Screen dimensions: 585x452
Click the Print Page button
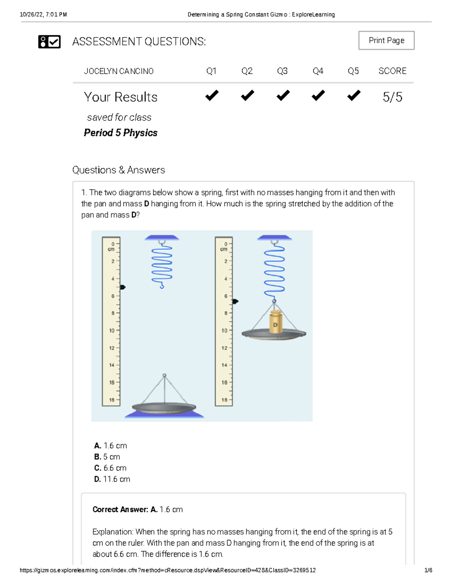click(x=386, y=40)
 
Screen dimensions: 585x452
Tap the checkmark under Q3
click(x=282, y=96)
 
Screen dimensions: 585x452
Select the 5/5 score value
click(x=392, y=97)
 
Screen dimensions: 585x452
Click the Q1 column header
click(x=211, y=71)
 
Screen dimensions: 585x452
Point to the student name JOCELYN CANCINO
click(x=118, y=71)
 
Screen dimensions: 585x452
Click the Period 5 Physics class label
click(x=121, y=133)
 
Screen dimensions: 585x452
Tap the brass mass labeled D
click(x=275, y=322)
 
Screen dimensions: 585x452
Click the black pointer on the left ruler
click(x=122, y=287)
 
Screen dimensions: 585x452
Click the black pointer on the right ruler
click(x=235, y=301)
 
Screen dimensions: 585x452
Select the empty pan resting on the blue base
click(x=164, y=408)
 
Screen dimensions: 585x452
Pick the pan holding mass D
click(x=274, y=334)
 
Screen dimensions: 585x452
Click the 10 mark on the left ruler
click(x=112, y=331)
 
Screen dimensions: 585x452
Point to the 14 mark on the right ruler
click(x=224, y=365)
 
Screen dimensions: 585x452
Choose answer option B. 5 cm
click(x=107, y=457)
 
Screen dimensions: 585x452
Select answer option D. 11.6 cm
click(x=112, y=479)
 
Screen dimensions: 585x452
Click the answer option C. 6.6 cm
click(x=110, y=468)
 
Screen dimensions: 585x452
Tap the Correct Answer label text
click(x=121, y=510)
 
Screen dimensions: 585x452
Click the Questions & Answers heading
click(x=119, y=170)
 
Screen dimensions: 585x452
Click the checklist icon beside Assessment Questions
click(x=49, y=41)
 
